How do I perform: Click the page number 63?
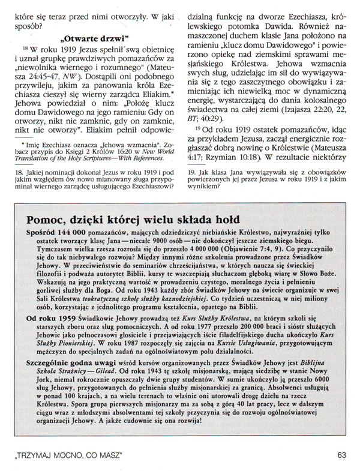tap(341, 455)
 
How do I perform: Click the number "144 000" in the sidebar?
tap(67, 231)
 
